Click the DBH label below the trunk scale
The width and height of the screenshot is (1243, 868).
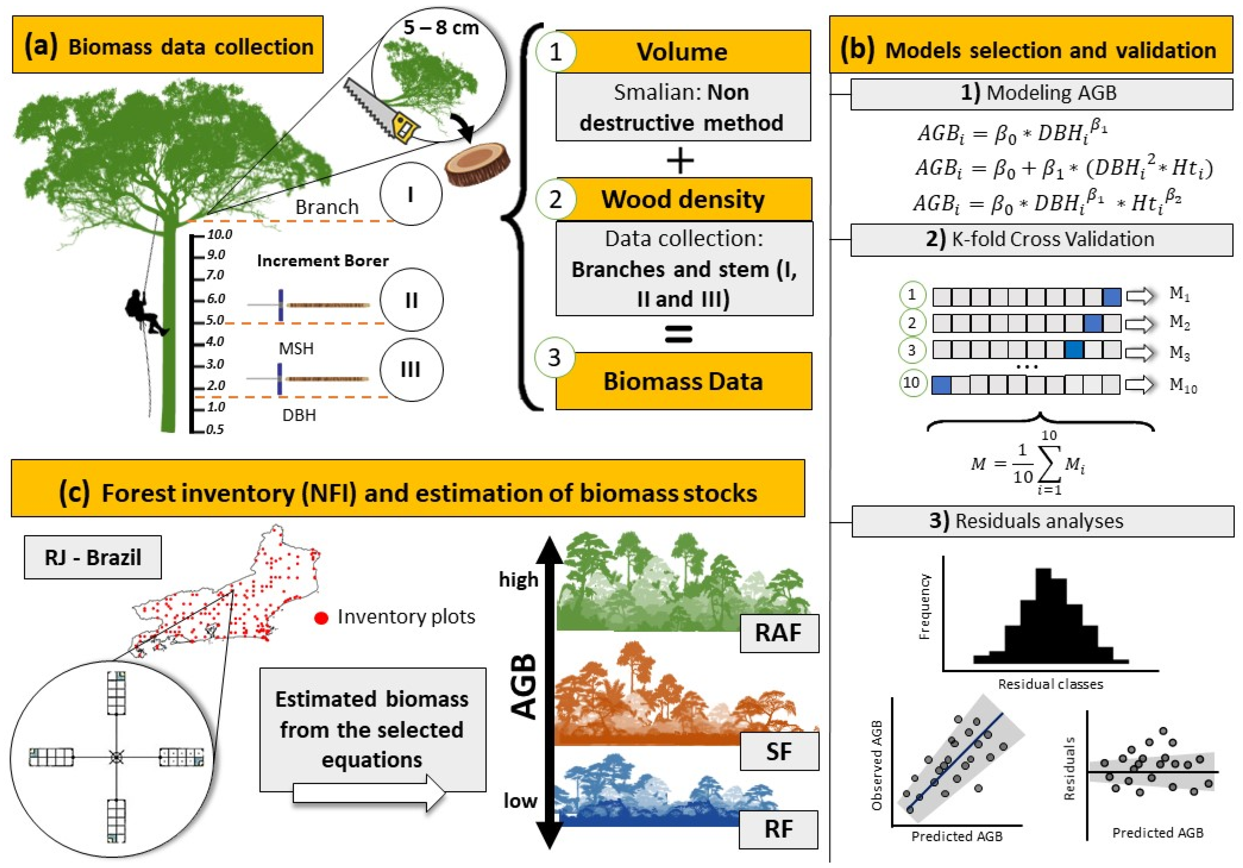pos(299,415)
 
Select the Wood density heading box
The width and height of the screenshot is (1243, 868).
pos(683,199)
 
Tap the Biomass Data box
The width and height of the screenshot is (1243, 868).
pos(683,381)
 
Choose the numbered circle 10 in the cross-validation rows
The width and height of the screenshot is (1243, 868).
pos(912,383)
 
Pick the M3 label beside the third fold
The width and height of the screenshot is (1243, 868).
pos(1179,353)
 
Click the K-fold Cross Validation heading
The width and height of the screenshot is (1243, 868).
pos(1040,239)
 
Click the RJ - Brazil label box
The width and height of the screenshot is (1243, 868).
pos(93,557)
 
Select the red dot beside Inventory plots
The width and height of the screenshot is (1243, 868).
pos(321,618)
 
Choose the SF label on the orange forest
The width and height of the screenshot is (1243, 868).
pos(778,751)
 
